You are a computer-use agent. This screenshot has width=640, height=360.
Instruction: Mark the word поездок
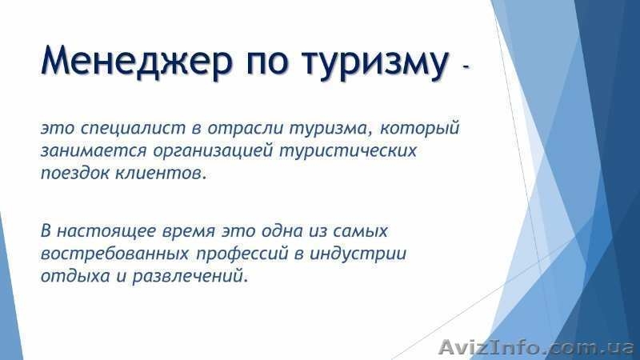click(x=75, y=173)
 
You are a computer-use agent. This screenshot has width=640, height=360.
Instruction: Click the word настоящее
click(x=102, y=232)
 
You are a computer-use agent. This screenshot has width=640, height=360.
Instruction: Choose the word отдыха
click(x=70, y=278)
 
